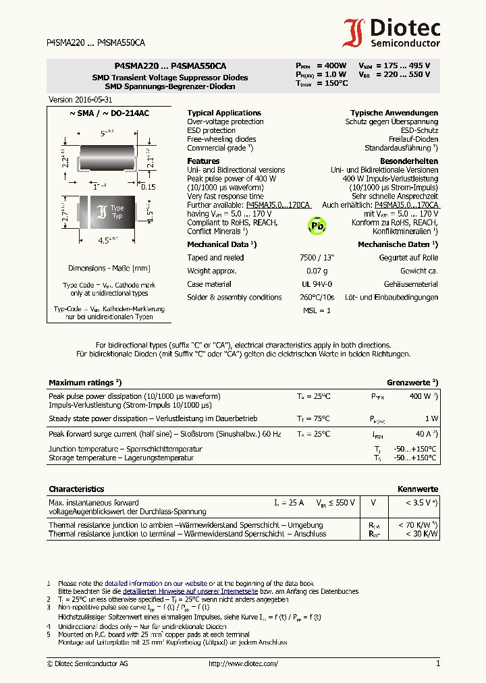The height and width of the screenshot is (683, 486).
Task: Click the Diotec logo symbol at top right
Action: tap(354, 32)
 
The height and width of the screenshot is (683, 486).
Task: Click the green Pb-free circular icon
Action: tap(317, 225)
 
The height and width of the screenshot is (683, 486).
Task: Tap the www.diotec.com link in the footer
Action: tap(244, 664)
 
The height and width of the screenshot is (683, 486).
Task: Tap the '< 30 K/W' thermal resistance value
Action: tap(421, 534)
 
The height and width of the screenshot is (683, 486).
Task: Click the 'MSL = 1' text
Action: tap(316, 310)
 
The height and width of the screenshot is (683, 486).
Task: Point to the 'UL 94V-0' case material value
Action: tap(316, 284)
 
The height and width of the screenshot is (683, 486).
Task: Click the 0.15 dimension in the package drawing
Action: tap(147, 187)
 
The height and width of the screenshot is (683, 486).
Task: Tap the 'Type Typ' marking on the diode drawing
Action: tap(117, 212)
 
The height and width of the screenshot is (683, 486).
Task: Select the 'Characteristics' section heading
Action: tap(76, 489)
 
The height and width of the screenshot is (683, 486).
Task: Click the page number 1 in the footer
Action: tap(437, 664)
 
